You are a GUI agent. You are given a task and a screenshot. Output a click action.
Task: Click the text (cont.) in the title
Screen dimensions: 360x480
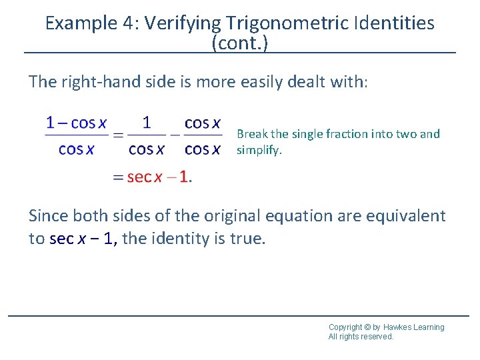tap(240, 43)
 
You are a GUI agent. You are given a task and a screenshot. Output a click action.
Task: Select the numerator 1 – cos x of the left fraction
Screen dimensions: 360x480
tap(76, 123)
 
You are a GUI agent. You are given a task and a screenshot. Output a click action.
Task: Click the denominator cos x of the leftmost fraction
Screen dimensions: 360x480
tap(76, 149)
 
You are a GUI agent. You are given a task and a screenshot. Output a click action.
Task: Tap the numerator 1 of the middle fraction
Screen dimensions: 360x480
tap(147, 123)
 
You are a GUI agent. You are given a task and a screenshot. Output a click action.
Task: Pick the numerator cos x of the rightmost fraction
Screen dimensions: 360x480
tap(203, 123)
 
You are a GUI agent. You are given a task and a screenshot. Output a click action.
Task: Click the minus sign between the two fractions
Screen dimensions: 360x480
tap(174, 136)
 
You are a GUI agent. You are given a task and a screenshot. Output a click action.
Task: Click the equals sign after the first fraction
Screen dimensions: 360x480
tap(117, 136)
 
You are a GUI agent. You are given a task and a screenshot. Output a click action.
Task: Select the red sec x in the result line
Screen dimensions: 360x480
tap(144, 177)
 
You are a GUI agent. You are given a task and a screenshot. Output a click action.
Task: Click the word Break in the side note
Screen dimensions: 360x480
tap(251, 134)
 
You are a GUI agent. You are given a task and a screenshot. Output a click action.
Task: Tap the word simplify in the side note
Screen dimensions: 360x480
tap(259, 150)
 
